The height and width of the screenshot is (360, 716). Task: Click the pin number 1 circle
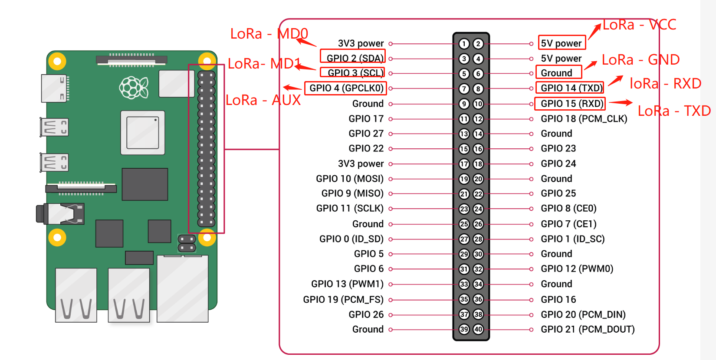click(x=464, y=44)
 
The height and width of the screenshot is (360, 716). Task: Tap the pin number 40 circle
click(x=478, y=329)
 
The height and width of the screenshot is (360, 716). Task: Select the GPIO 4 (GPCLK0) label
click(x=346, y=88)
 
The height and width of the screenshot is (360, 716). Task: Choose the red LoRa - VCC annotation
click(x=639, y=25)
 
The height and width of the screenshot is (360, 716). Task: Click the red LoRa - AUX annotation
click(x=263, y=100)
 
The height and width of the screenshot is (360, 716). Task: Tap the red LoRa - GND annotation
click(x=640, y=60)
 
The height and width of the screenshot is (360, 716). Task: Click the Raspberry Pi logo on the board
click(x=134, y=87)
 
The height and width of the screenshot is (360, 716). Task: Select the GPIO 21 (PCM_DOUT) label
click(x=588, y=329)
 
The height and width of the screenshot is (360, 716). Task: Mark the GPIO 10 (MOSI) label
click(x=350, y=179)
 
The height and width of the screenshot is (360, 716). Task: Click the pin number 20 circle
click(x=478, y=179)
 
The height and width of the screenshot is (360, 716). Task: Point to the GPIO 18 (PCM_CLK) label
click(x=584, y=119)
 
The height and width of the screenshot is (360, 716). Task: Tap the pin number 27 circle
click(x=464, y=239)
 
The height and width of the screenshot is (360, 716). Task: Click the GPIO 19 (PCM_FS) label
click(x=343, y=299)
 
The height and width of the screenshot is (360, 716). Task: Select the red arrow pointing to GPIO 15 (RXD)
click(x=621, y=103)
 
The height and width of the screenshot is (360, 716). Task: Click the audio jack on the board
click(x=61, y=214)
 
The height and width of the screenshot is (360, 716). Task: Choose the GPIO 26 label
click(x=366, y=314)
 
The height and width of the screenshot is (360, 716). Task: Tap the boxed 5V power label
click(x=562, y=43)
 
